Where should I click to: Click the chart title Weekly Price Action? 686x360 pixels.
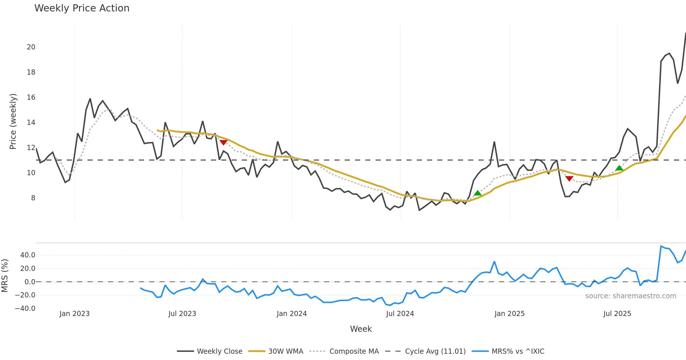click(82, 8)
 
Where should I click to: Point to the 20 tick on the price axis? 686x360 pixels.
click(31, 47)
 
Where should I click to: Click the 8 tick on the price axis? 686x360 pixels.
click(33, 198)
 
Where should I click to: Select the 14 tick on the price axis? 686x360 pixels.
click(31, 123)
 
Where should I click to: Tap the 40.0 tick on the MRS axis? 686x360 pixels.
click(28, 255)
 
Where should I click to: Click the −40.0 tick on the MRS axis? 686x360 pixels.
click(25, 309)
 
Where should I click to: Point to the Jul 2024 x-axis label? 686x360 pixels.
click(400, 314)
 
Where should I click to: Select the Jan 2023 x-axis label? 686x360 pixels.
click(74, 314)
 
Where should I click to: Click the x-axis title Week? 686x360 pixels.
click(361, 329)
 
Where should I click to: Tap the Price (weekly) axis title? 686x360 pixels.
click(13, 121)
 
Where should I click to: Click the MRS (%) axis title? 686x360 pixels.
click(5, 276)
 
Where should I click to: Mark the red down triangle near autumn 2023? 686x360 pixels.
click(224, 142)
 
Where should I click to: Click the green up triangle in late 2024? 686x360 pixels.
click(478, 193)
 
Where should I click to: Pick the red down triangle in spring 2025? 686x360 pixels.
click(569, 179)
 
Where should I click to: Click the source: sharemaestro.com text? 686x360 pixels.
click(631, 296)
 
